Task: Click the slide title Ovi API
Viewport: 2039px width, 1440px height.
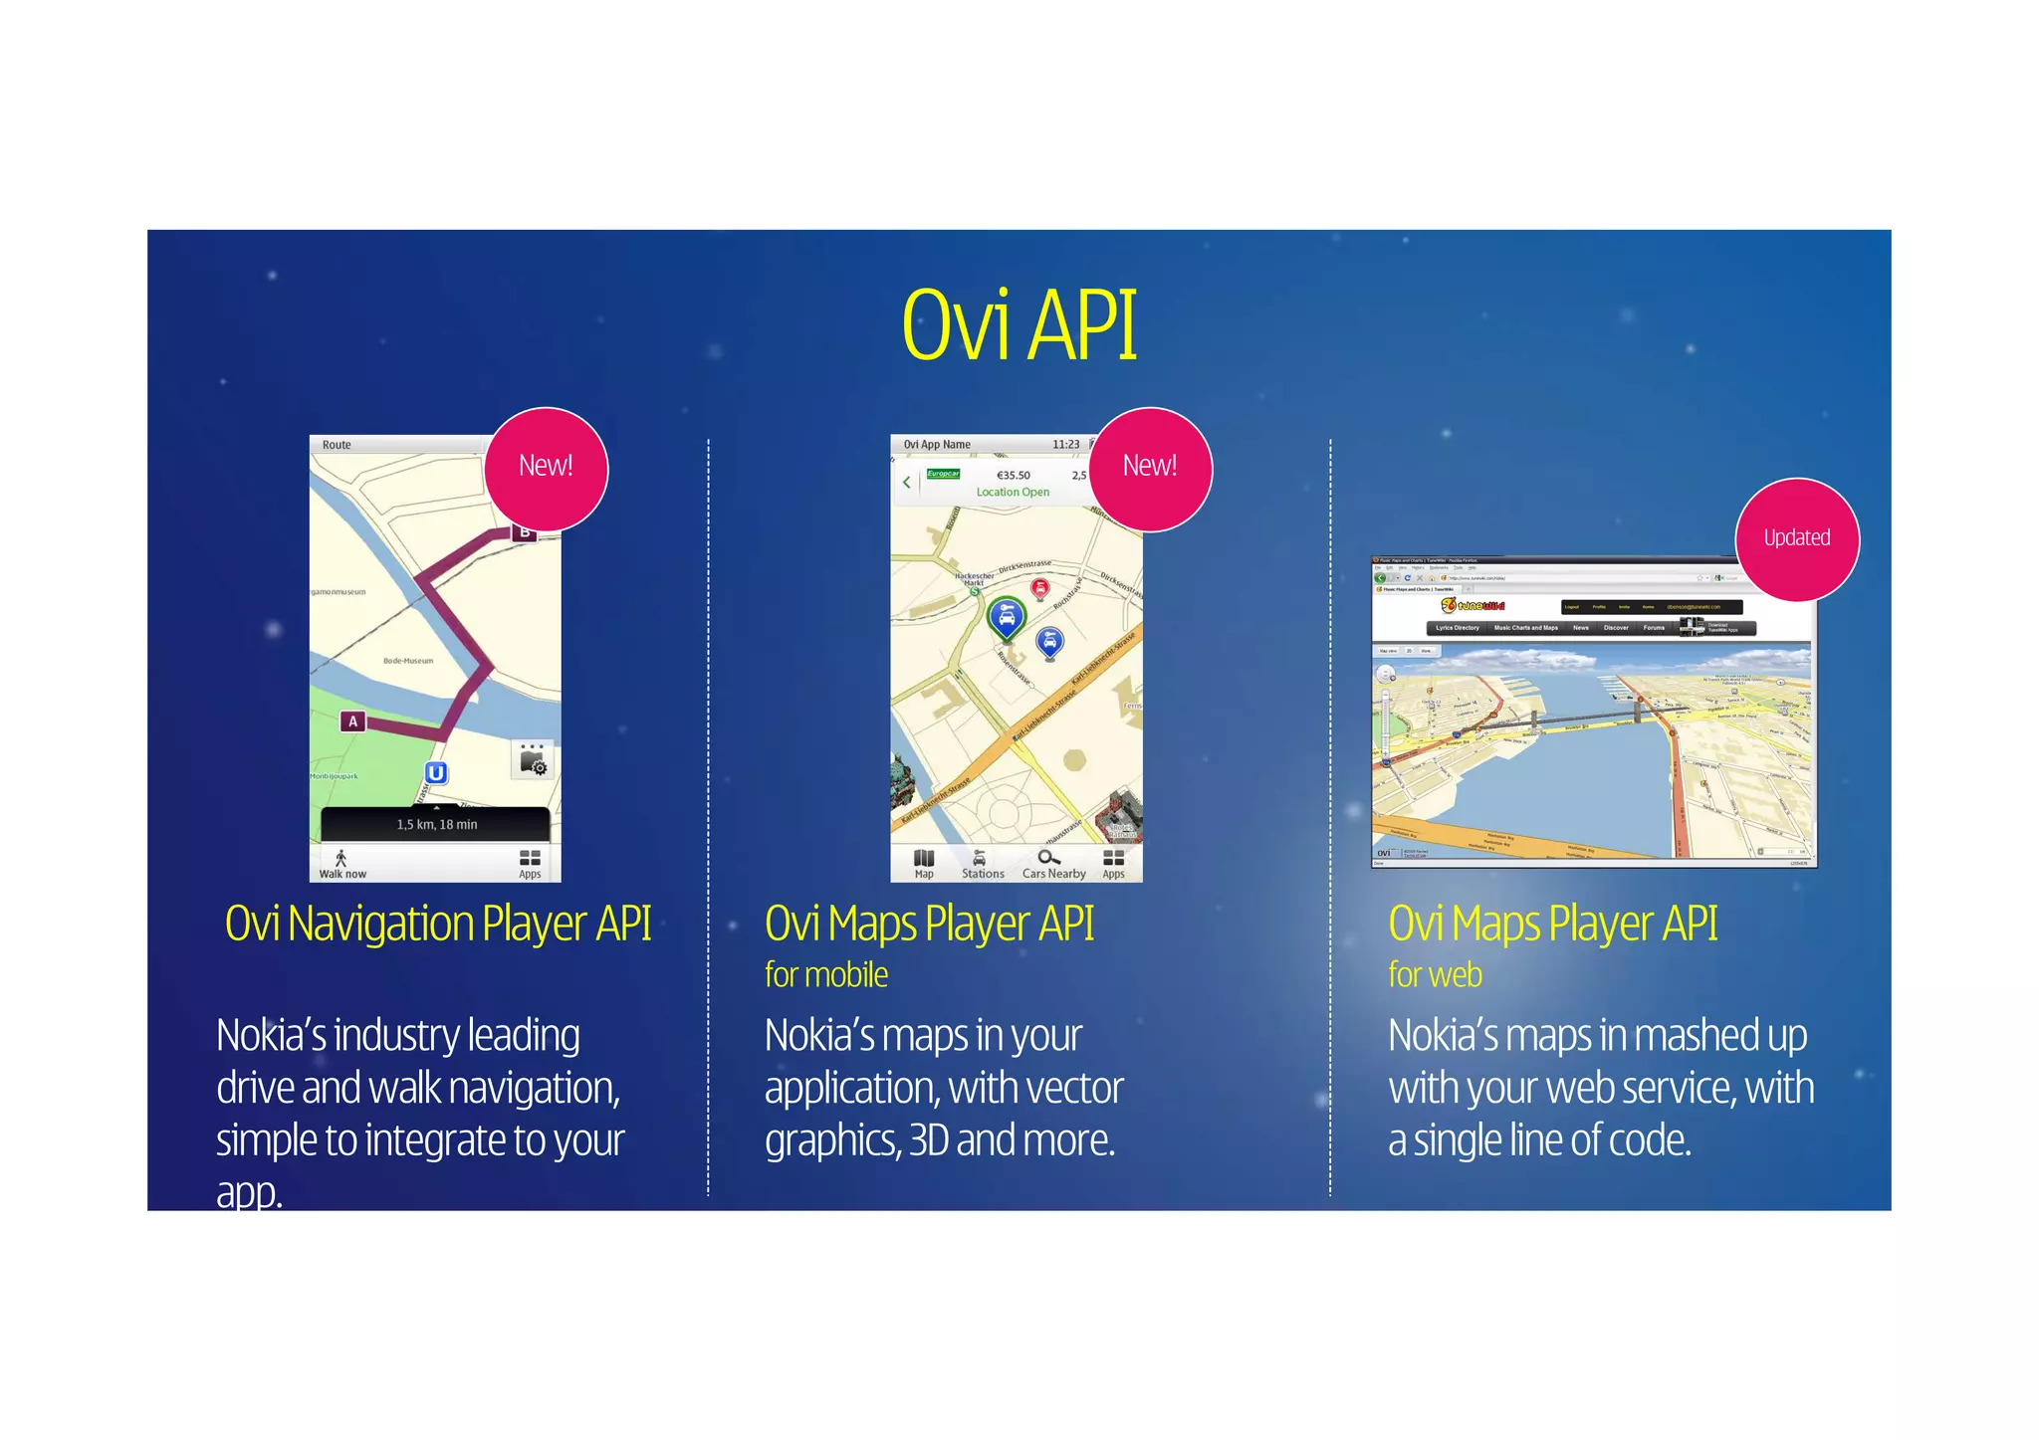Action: pos(1019,325)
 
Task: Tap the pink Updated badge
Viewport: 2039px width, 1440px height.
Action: pos(1796,539)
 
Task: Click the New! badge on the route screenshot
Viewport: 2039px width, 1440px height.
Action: pos(546,468)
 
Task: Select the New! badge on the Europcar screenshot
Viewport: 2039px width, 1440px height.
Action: pos(1150,468)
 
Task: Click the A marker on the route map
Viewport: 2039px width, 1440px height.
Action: pos(352,721)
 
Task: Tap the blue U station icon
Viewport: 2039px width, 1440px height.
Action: pos(435,772)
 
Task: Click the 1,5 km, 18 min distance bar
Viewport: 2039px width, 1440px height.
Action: pos(436,824)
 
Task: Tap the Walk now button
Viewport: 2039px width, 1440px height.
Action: pos(341,864)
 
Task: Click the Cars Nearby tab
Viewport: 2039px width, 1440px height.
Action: pos(1052,864)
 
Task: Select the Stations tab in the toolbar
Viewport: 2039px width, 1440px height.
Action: pos(982,864)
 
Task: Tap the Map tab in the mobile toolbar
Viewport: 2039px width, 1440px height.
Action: pos(924,864)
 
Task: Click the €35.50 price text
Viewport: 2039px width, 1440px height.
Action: pos(1013,476)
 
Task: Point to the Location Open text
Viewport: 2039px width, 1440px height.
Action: pos(1012,492)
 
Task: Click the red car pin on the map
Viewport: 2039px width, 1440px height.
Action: pos(1039,589)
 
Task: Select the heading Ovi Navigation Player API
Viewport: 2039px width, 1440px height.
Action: pos(438,924)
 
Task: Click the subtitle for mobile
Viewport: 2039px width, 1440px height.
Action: pos(825,975)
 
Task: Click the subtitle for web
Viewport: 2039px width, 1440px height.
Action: pos(1435,975)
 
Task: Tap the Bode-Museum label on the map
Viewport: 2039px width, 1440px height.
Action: pos(408,661)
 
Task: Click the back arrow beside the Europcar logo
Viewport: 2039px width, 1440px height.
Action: pos(906,483)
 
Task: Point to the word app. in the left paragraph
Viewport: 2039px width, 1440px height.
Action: pos(249,1192)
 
